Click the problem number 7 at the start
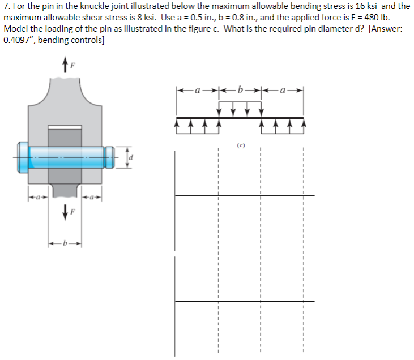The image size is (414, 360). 6,6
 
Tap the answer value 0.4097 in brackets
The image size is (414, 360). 17,40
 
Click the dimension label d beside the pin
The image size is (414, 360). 131,157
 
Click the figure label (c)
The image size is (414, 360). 240,144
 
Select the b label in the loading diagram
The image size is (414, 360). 241,89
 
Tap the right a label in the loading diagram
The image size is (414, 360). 284,89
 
